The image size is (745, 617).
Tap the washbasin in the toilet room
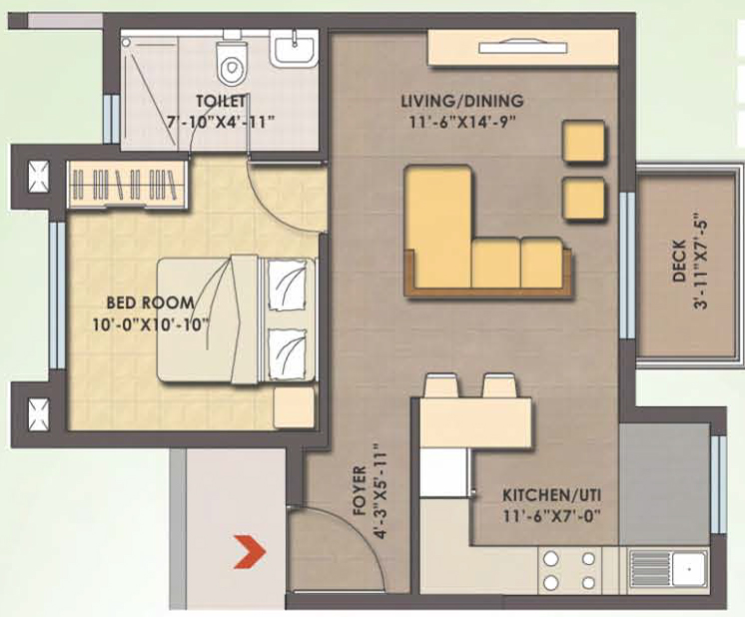point(294,49)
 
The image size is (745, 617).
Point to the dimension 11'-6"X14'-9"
point(461,123)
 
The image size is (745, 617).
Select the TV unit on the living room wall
point(513,48)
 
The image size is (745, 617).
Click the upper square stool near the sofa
point(583,142)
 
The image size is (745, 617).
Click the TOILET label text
point(222,102)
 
